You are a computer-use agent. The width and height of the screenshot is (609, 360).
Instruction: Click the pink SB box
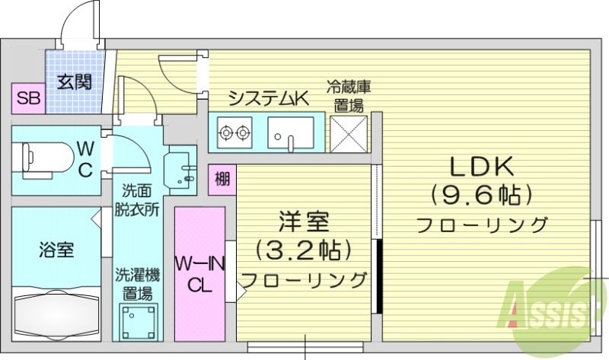[x=30, y=98]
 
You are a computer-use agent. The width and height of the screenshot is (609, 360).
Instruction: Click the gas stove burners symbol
[x=234, y=134]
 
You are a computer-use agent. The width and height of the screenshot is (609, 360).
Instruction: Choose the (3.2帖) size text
[x=303, y=249]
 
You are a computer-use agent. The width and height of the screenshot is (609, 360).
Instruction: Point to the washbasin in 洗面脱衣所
[x=181, y=167]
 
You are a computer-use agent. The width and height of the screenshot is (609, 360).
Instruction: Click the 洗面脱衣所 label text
[x=138, y=200]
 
